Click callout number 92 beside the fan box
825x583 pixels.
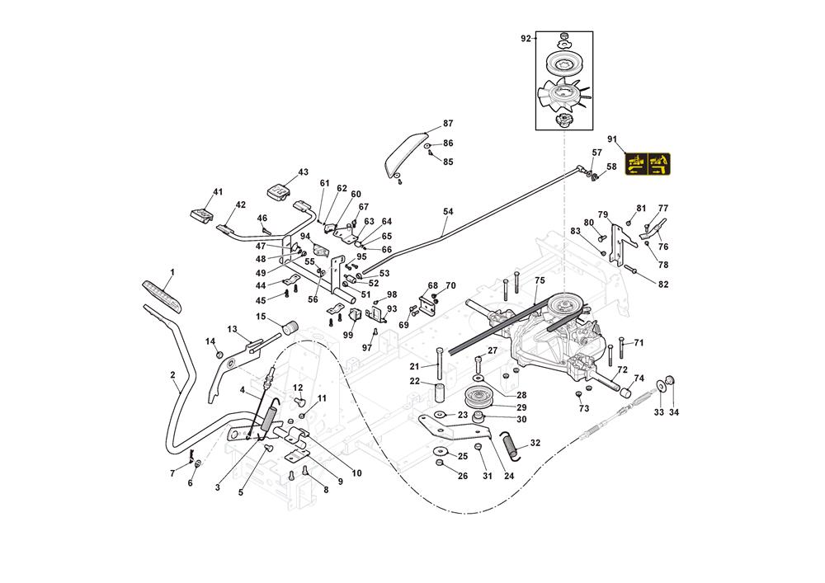525,38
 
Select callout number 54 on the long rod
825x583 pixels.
448,212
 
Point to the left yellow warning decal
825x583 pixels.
636,165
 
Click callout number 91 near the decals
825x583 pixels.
611,139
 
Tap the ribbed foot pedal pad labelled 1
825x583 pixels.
163,293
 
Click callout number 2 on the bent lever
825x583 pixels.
172,375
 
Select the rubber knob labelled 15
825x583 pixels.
289,329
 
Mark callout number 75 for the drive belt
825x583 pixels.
539,280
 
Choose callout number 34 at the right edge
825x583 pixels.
674,411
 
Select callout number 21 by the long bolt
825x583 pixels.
415,365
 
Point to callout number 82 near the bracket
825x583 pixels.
662,284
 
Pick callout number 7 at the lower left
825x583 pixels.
172,473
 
